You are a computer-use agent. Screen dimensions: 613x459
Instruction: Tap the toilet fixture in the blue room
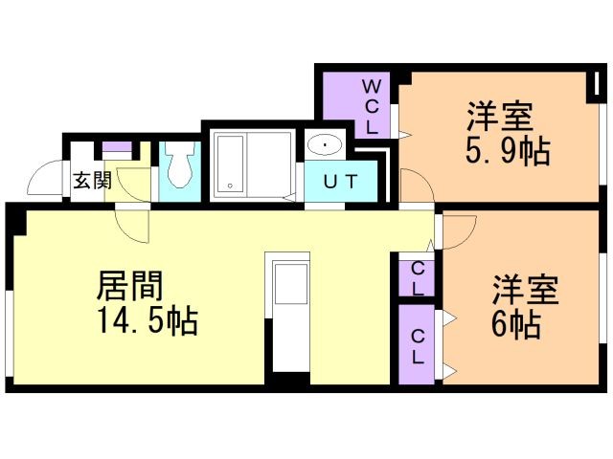[x=179, y=165]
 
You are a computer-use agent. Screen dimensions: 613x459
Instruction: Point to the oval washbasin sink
[x=325, y=144]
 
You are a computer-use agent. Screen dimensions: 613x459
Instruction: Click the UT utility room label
[x=341, y=182]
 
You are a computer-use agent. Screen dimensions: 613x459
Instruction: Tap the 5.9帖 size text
[x=508, y=151]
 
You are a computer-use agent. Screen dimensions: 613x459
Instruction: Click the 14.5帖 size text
[x=148, y=321]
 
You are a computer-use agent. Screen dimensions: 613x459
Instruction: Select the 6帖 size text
[x=516, y=324]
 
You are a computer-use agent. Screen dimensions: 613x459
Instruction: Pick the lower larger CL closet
[x=417, y=344]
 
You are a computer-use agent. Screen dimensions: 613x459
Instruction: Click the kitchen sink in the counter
[x=291, y=284]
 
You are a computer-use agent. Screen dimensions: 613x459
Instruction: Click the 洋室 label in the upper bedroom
[x=500, y=117]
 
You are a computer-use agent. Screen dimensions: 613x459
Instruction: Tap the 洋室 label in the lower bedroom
[x=525, y=290]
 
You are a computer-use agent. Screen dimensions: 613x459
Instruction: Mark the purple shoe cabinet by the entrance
[x=117, y=147]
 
